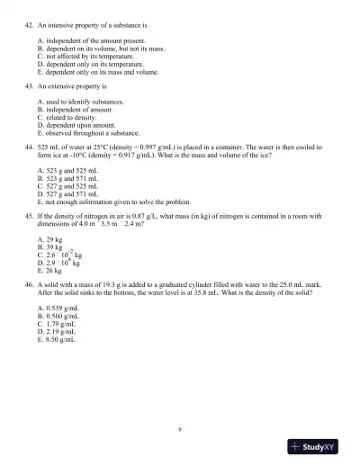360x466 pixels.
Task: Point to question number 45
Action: point(27,216)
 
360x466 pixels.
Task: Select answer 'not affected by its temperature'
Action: point(81,56)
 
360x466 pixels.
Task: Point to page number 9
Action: point(180,428)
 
